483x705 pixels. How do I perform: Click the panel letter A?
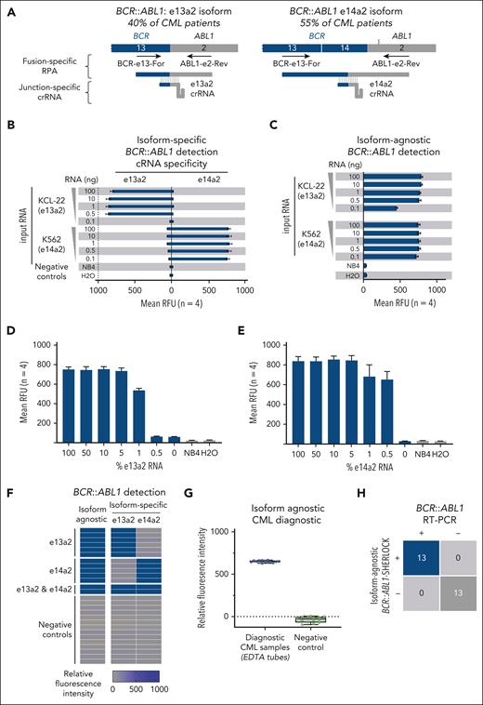[x=6, y=7]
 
